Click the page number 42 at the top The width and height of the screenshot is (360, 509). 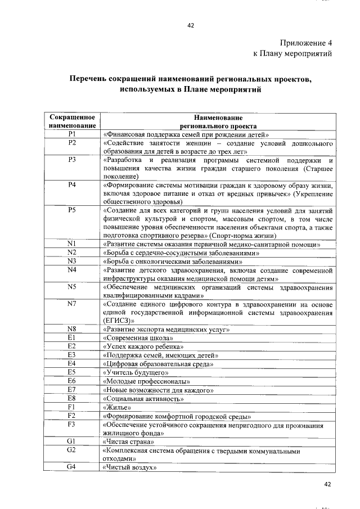click(190, 25)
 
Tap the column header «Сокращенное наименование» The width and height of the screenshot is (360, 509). click(71, 122)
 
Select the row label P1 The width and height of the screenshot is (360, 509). click(71, 134)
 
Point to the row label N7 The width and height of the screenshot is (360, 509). click(71, 304)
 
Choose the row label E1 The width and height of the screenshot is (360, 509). click(71, 337)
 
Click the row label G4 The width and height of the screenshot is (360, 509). click(71, 467)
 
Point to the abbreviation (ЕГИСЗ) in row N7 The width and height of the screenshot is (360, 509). click(119, 320)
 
